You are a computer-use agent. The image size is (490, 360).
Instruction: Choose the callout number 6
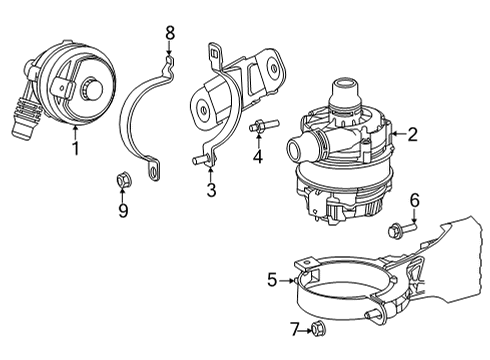(414, 200)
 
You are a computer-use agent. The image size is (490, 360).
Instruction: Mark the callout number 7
(293, 329)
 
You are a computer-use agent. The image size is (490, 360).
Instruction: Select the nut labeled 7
(318, 329)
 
